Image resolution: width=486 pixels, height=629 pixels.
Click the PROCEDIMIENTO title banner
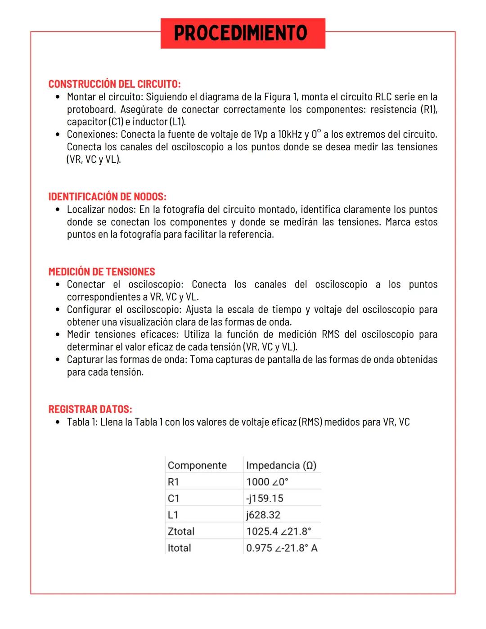(x=243, y=33)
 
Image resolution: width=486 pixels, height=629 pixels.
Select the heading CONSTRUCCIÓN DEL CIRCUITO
(x=114, y=84)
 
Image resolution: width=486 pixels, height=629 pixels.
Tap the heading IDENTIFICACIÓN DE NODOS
(x=107, y=197)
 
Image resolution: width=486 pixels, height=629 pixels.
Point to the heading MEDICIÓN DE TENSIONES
(x=101, y=272)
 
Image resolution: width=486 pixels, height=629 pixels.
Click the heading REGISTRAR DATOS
(x=90, y=409)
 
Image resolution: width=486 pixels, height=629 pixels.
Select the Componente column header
(x=197, y=465)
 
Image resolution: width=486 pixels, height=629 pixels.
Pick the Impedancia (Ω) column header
(x=281, y=465)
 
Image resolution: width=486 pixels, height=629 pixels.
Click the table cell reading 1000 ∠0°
(x=267, y=482)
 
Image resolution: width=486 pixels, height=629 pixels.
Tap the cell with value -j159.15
(x=265, y=499)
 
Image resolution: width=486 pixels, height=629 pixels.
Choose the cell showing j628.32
(x=263, y=515)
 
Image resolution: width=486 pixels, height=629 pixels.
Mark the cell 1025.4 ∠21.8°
(x=279, y=531)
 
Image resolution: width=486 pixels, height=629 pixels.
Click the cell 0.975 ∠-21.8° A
(x=282, y=548)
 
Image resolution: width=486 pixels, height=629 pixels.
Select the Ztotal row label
(x=181, y=531)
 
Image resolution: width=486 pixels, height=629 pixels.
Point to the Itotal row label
(x=179, y=548)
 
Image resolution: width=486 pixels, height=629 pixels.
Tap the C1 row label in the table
(x=173, y=499)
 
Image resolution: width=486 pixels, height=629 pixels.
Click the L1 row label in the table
(x=173, y=515)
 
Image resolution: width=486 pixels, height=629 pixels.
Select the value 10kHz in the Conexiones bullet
(x=289, y=135)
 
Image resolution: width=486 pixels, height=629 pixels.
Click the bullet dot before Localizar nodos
(x=58, y=210)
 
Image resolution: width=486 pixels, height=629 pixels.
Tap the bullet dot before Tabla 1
(x=58, y=422)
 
